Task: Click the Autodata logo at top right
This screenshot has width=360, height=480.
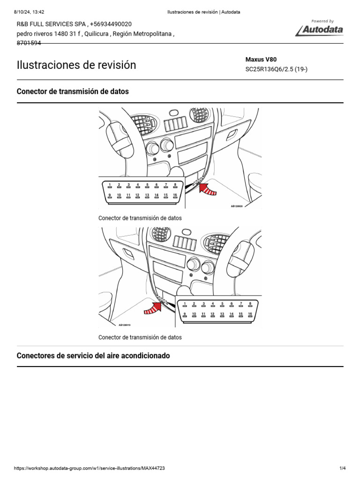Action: point(320,29)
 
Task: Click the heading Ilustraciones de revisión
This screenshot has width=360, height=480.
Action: point(76,65)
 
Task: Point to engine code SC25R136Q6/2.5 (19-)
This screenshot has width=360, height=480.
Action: point(277,69)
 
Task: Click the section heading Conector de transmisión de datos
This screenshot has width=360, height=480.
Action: point(73,91)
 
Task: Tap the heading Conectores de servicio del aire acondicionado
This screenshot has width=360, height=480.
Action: point(93,356)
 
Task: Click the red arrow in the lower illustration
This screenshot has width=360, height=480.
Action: point(151,307)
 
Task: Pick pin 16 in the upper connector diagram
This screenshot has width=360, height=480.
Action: point(175,196)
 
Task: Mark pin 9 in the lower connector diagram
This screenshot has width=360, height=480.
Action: point(185,315)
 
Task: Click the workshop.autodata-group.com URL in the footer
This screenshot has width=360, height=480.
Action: point(90,468)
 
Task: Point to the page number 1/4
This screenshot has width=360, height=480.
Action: point(342,468)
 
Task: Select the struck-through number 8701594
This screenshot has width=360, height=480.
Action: point(29,43)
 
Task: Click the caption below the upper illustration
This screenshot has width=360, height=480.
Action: point(140,218)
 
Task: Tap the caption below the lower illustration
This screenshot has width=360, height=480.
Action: point(140,337)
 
